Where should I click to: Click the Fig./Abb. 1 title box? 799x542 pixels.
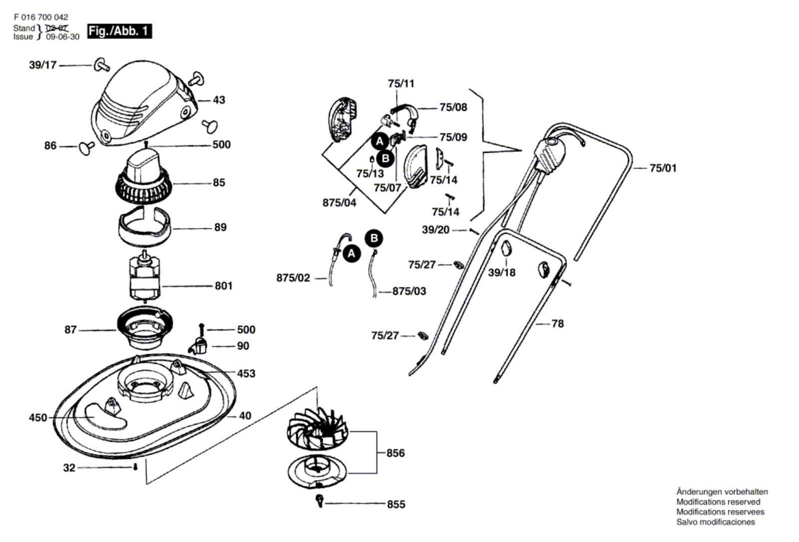pyautogui.click(x=119, y=31)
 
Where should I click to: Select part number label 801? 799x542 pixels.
pyautogui.click(x=223, y=286)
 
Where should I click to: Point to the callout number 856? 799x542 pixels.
pyautogui.click(x=395, y=453)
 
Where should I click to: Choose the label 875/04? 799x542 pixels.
pyautogui.click(x=339, y=203)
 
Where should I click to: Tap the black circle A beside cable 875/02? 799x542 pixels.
pyautogui.click(x=352, y=254)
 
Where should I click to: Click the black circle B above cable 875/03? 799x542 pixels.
pyautogui.click(x=374, y=239)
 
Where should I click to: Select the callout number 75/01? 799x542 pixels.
pyautogui.click(x=663, y=168)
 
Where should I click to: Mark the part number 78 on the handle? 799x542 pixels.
pyautogui.click(x=557, y=324)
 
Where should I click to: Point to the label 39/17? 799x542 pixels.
pyautogui.click(x=43, y=65)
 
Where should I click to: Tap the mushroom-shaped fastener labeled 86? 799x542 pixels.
pyautogui.click(x=86, y=147)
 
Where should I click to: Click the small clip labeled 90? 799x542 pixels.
pyautogui.click(x=200, y=344)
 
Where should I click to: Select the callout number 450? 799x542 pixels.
pyautogui.click(x=38, y=418)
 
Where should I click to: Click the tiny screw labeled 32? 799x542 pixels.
pyautogui.click(x=135, y=467)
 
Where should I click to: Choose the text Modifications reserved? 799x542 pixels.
pyautogui.click(x=718, y=502)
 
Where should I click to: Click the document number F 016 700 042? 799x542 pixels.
pyautogui.click(x=41, y=17)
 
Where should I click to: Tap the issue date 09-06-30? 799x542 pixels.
pyautogui.click(x=62, y=37)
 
